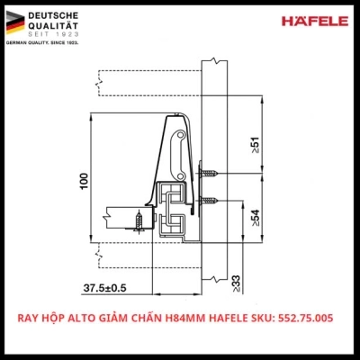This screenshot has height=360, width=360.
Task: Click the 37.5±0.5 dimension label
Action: [x=106, y=288]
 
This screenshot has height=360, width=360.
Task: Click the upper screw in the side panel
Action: [x=208, y=175]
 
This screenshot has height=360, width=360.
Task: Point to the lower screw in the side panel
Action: [x=210, y=199]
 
